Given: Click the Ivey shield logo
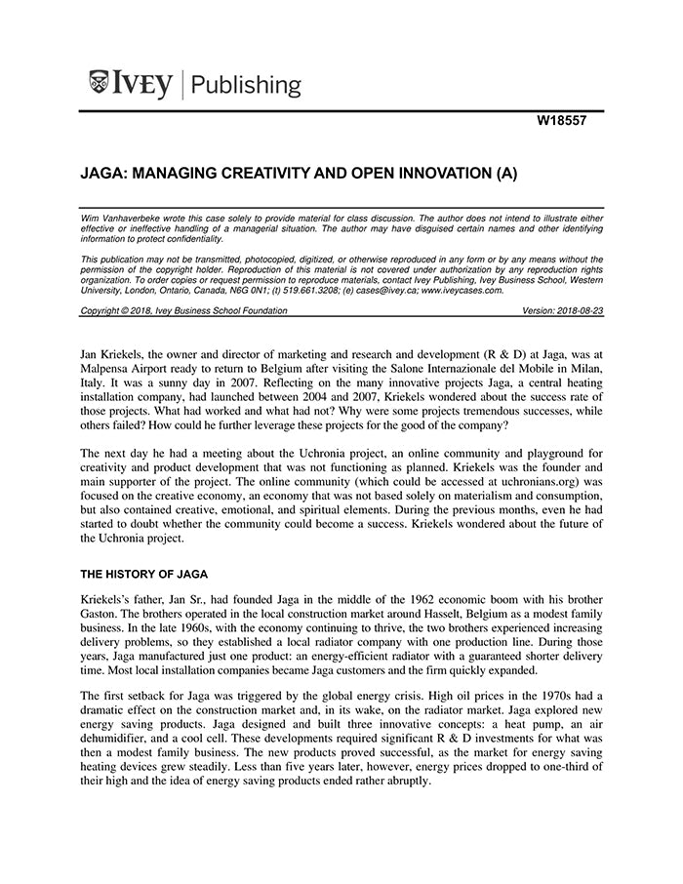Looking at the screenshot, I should coord(99,84).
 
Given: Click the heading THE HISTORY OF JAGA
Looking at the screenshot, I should coord(143,574).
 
